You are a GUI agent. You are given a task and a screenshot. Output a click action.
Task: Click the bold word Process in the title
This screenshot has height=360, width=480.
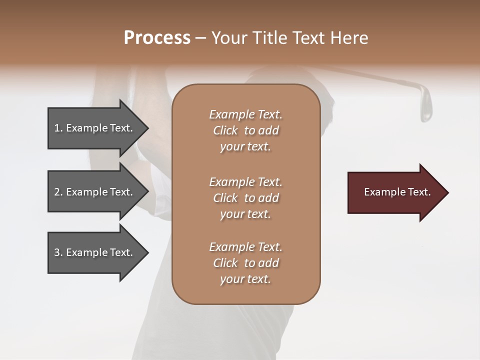tap(157, 38)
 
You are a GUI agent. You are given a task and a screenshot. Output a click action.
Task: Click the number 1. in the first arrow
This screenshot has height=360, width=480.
tap(58, 128)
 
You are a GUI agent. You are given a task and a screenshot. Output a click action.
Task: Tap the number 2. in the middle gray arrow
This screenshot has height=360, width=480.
tap(58, 192)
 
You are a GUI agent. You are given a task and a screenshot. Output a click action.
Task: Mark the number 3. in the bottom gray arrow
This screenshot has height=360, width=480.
tap(58, 252)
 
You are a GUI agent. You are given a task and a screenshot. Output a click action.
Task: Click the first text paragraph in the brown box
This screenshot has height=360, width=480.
tap(245, 130)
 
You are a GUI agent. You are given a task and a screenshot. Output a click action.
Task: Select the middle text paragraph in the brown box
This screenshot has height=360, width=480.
tap(245, 198)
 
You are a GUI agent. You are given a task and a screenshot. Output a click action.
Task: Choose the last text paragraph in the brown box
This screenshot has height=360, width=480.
tap(245, 263)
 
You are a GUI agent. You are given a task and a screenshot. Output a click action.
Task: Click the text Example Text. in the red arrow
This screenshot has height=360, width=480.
tap(397, 192)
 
